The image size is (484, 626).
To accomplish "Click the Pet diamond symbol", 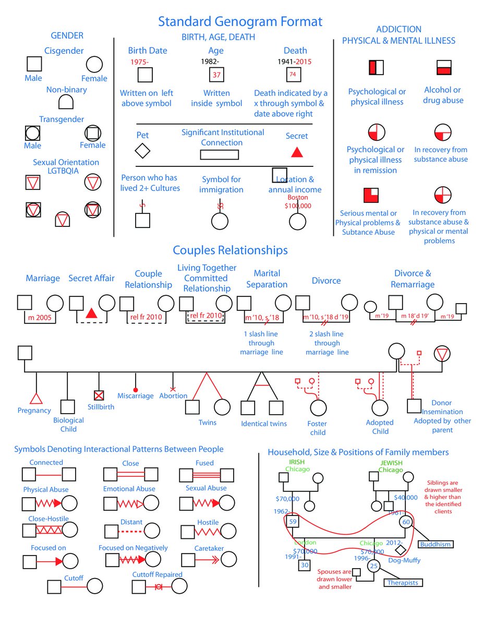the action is [142, 151].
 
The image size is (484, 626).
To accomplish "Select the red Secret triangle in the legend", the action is [297, 152].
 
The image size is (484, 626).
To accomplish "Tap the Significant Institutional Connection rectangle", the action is [220, 155].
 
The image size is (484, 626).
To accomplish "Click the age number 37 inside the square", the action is [216, 75].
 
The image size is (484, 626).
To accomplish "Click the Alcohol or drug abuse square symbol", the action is [444, 67].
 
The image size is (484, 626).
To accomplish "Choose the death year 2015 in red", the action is [304, 62].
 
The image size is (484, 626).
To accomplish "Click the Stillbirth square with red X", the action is [99, 395].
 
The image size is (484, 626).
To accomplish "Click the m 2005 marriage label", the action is [40, 318].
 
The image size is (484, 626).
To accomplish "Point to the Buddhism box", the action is [435, 544].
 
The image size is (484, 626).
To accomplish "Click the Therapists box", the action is [403, 583].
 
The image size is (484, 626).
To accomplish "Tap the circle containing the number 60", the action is [406, 522].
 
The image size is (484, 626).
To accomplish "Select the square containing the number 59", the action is [293, 522].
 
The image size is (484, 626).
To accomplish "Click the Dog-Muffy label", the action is [404, 560].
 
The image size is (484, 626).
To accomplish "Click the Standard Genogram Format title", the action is [240, 21].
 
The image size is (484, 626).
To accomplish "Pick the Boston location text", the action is [298, 197].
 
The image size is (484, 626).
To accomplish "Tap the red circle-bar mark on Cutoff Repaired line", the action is [159, 587].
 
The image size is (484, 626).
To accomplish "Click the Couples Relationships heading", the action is [230, 250].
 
